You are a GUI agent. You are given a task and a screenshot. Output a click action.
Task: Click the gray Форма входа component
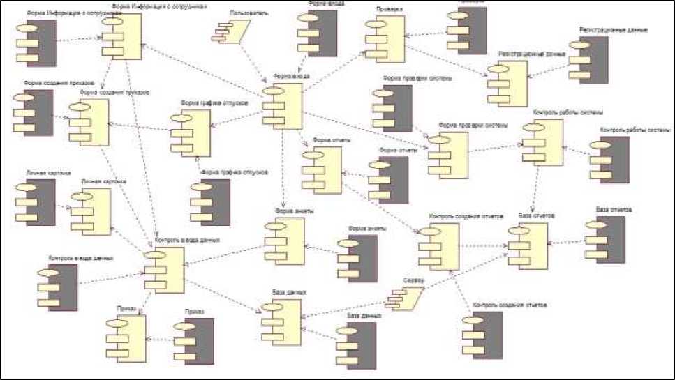coord(317,33)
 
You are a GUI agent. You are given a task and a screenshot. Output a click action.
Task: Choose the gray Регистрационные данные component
coord(588,61)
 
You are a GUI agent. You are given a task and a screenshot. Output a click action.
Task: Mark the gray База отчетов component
coord(604,238)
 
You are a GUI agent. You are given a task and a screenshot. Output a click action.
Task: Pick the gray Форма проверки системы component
coord(392,108)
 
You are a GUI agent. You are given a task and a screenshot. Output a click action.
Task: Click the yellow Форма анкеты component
coord(282,241)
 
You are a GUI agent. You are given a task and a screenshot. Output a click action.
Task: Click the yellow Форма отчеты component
coord(320,170)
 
